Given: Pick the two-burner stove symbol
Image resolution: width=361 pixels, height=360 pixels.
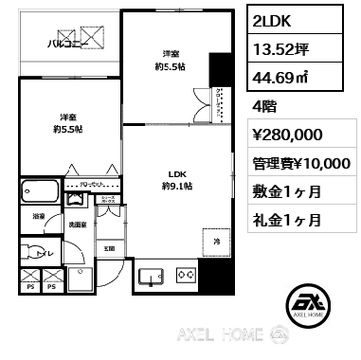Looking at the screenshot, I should (185, 276).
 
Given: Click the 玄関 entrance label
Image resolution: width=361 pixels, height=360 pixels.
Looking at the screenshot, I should (109, 248).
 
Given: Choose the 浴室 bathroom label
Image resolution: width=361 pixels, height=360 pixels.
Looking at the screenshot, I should (38, 216).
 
